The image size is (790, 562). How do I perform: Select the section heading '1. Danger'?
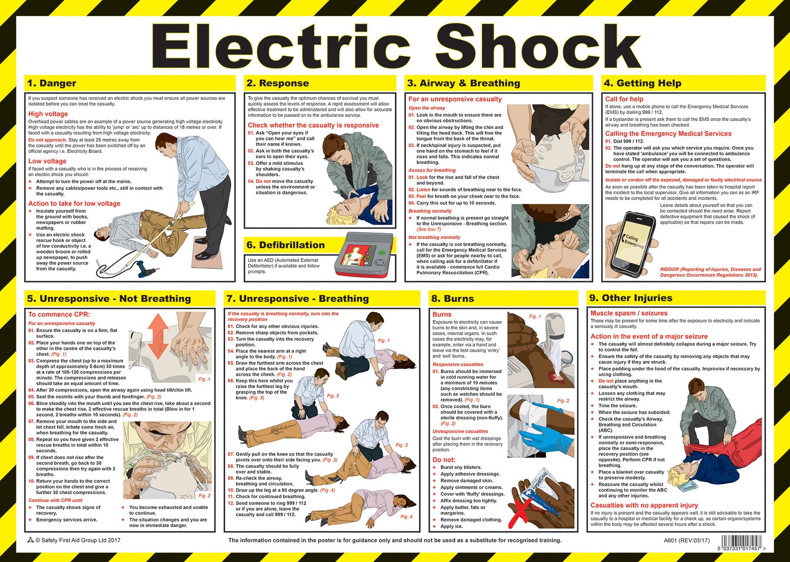click(x=52, y=83)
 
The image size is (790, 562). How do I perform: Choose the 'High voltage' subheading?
click(x=48, y=114)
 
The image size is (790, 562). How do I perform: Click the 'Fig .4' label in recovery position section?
click(x=406, y=517)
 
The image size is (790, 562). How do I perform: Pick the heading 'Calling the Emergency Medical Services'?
click(x=668, y=134)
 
